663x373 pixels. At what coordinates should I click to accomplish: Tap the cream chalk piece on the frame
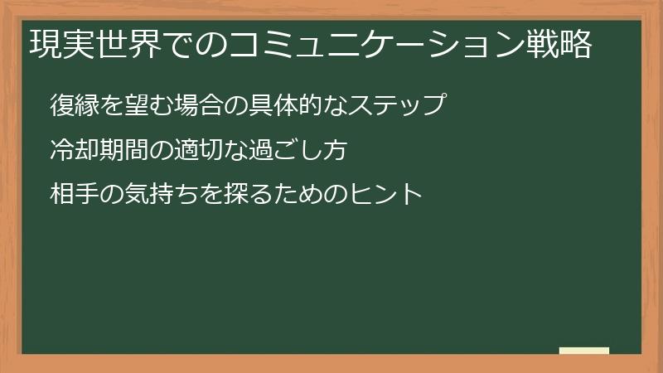pyautogui.click(x=584, y=351)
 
